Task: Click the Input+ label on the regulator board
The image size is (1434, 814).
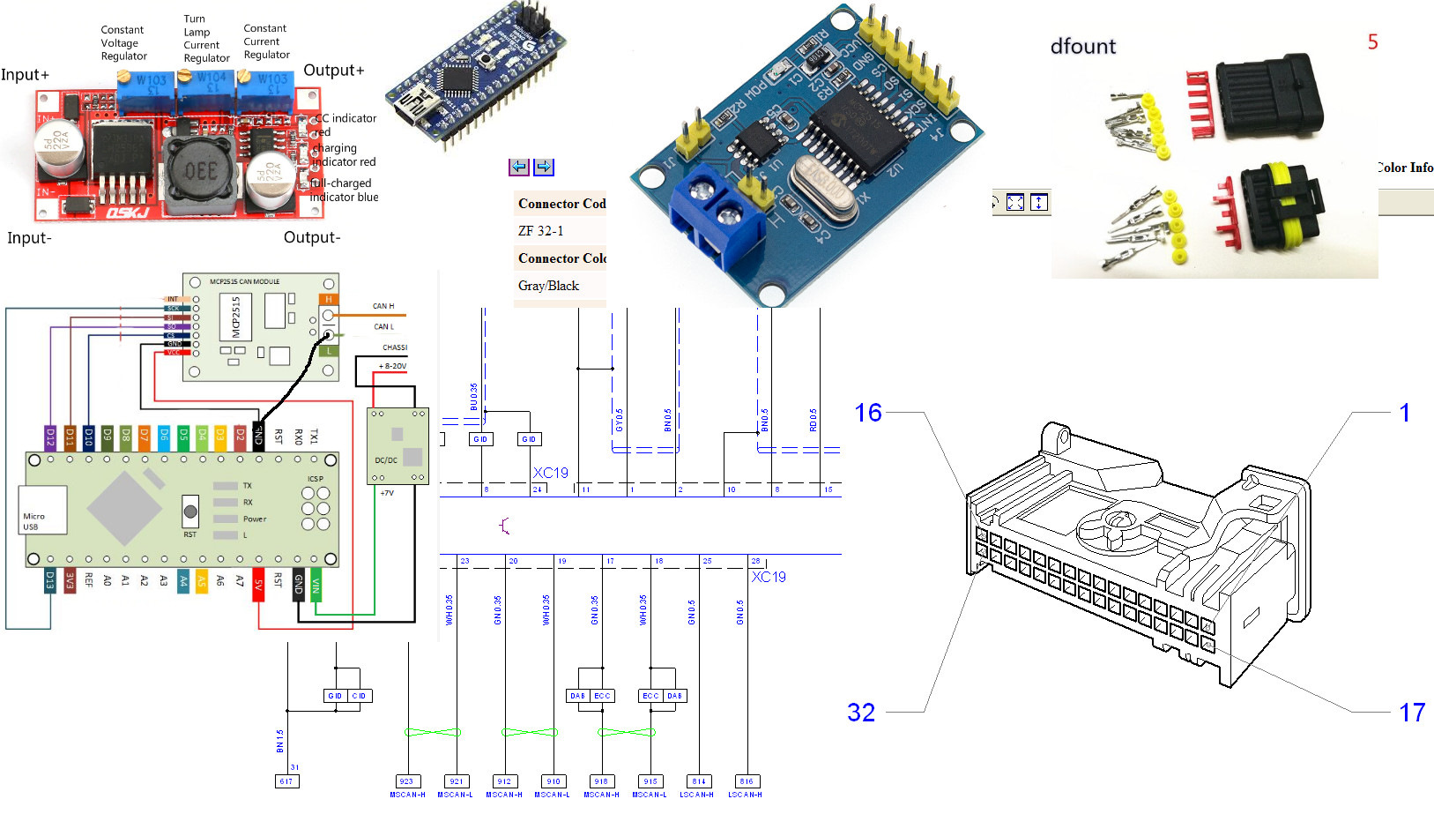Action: point(26,75)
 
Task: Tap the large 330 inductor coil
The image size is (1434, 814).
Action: point(202,169)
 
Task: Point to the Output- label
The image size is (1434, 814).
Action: point(312,237)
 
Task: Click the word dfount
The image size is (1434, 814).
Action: point(1083,46)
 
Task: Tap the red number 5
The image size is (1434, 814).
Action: point(1372,41)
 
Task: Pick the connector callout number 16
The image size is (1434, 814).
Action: point(868,413)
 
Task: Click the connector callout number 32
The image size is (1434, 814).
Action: point(861,713)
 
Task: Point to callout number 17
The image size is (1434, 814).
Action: point(1412,713)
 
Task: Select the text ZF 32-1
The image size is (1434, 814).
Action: point(540,231)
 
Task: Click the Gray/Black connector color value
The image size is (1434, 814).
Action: point(548,286)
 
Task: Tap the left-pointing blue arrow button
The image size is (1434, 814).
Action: point(518,167)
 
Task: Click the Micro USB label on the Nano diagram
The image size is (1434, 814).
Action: point(33,521)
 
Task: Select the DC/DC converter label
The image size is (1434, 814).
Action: point(386,459)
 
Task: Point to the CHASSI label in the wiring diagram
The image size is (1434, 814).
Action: point(394,347)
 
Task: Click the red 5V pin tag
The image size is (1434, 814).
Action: point(258,586)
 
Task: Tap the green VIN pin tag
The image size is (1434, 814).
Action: point(316,586)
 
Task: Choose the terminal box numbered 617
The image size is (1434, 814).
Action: point(286,781)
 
